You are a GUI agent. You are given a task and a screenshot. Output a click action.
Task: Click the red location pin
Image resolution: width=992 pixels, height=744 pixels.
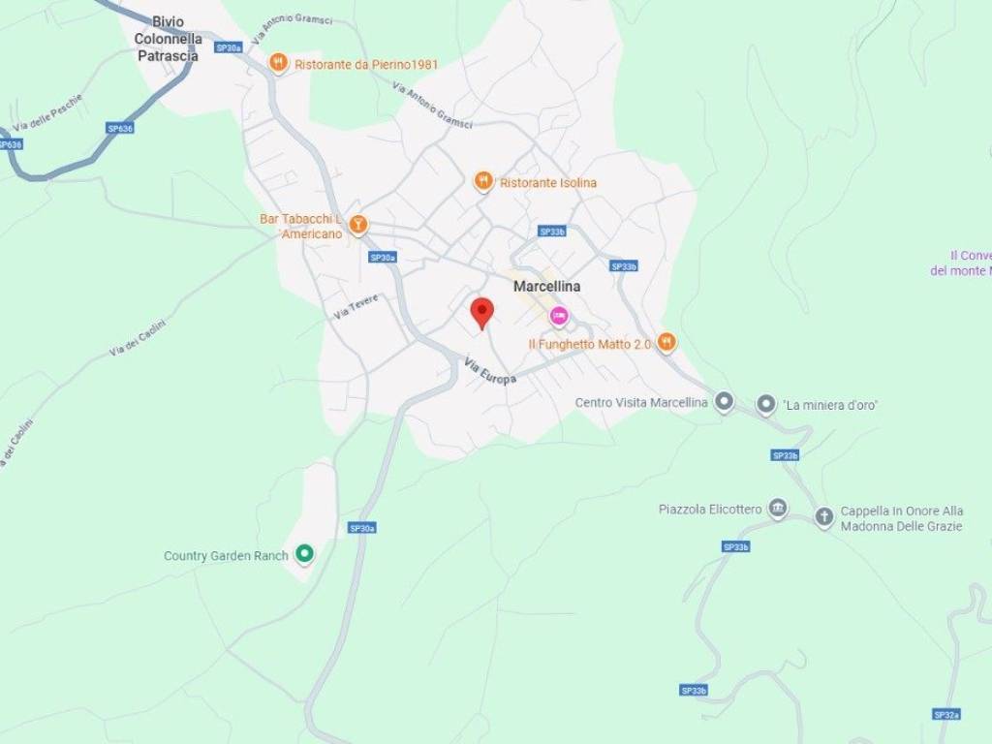pos(481,313)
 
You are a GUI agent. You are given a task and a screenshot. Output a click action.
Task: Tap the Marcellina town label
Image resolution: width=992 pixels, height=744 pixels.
pos(546,287)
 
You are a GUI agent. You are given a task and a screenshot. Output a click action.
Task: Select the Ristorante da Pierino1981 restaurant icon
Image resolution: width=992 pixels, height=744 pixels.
pos(279,63)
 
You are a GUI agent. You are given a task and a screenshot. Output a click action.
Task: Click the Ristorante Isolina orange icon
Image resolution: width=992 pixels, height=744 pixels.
pos(483,181)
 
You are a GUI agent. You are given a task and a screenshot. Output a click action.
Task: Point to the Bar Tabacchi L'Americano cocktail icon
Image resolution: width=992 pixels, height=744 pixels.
pos(358,225)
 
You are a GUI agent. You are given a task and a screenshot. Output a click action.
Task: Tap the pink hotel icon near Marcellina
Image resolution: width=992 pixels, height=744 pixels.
pos(559,316)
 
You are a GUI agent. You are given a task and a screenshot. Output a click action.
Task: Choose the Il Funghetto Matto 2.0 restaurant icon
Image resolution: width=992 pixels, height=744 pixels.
pos(666,342)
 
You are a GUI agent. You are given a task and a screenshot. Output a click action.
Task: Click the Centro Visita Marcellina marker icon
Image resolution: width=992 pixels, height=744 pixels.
pos(724,402)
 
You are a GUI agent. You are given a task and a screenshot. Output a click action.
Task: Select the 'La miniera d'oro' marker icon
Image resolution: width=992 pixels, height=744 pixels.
pos(766,404)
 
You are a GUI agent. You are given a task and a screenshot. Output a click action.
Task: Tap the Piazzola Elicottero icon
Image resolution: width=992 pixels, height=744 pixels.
pos(777,508)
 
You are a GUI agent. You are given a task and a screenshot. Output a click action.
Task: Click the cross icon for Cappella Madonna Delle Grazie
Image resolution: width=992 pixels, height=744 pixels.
pos(824,517)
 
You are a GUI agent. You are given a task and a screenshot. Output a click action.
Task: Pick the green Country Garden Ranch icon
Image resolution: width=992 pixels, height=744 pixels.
pos(304,554)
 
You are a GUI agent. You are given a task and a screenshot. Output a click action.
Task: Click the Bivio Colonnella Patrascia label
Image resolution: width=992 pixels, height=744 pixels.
pos(168,39)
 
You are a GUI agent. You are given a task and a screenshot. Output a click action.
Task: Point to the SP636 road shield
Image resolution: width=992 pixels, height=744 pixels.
pos(120,127)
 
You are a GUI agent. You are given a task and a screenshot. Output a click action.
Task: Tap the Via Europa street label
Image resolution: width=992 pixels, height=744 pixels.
pos(489,371)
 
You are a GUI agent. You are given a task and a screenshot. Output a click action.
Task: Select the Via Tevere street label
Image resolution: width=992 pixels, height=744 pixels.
pos(356,306)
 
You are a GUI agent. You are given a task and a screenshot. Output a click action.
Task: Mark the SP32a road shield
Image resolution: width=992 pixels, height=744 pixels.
pos(946,714)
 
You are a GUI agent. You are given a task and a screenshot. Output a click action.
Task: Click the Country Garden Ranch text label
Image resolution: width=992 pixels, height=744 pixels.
pos(226,555)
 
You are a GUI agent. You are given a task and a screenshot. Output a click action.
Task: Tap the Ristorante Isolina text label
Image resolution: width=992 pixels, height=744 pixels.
pos(548,182)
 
